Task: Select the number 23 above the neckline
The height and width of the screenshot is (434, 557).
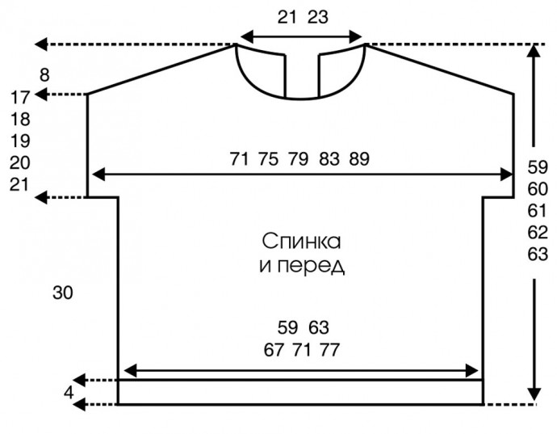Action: click(317, 17)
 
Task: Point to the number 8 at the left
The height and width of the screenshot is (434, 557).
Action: click(44, 75)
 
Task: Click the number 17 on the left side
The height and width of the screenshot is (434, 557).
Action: click(20, 97)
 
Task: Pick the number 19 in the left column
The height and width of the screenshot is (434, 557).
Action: click(20, 141)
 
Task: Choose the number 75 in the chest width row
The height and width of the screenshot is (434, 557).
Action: click(269, 159)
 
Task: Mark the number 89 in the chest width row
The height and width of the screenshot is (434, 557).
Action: click(359, 159)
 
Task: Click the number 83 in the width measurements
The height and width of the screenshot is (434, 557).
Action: click(329, 159)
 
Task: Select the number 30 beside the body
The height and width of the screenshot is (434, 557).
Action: click(63, 293)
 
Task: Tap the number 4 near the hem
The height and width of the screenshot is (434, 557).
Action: click(69, 392)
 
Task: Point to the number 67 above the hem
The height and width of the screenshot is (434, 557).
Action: click(274, 350)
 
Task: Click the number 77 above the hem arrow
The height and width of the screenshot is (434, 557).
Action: click(329, 350)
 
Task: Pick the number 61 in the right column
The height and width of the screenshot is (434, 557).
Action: click(538, 211)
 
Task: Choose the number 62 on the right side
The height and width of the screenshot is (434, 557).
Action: click(538, 233)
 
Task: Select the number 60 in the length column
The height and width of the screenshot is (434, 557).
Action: click(538, 189)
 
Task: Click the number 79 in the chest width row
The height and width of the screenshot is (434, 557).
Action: click(299, 159)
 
